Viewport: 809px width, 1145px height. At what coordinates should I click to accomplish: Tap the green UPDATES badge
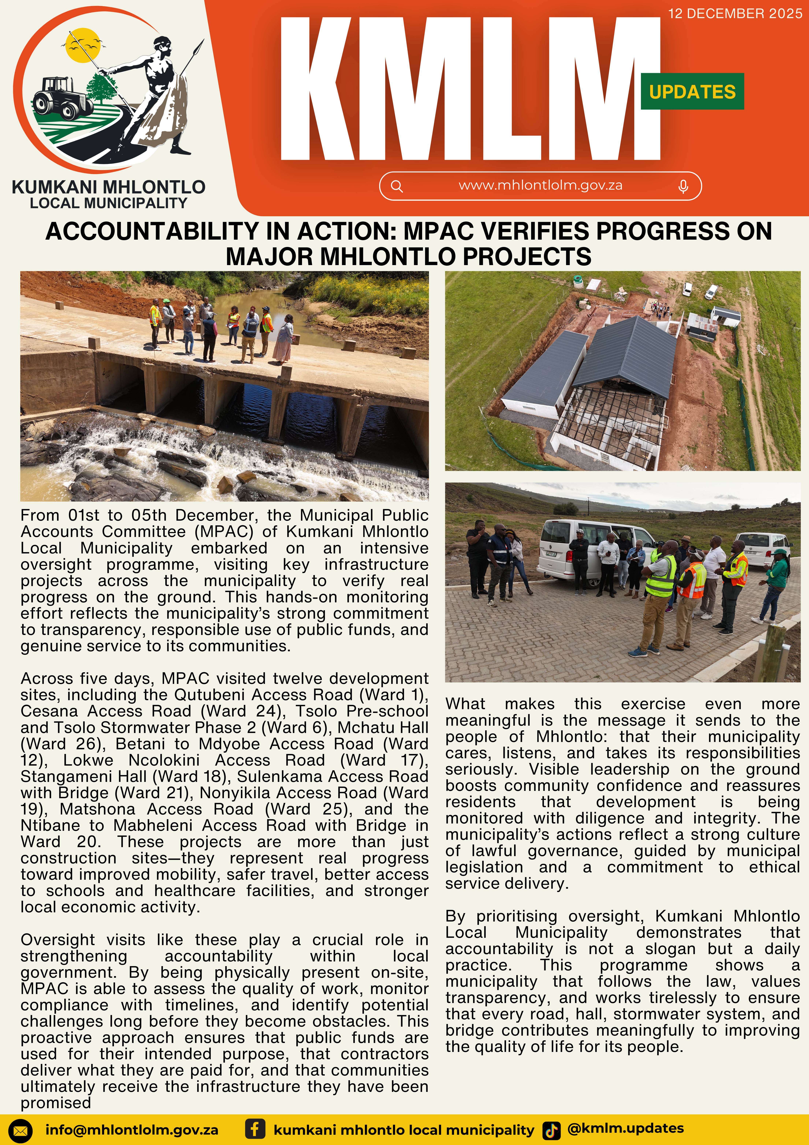[692, 92]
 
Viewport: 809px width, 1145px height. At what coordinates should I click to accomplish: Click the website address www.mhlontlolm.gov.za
[540, 186]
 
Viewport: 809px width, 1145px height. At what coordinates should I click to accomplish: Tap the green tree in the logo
[103, 87]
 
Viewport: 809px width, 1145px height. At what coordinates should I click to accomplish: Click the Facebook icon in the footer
[255, 1129]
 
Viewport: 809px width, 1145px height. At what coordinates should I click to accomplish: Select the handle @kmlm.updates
[626, 1128]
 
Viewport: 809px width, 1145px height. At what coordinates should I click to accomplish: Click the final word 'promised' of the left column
[56, 1103]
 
